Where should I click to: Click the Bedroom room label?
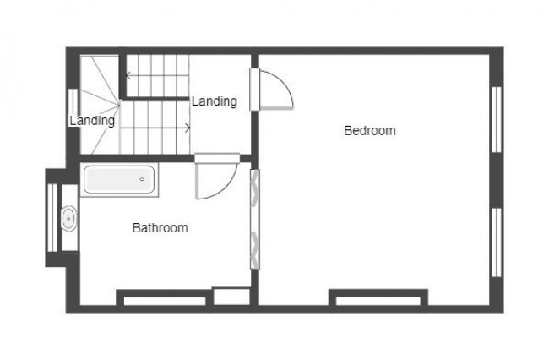click(x=370, y=130)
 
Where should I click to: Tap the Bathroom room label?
click(x=160, y=227)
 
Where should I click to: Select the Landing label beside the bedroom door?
click(x=214, y=101)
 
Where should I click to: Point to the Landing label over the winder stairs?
click(x=91, y=121)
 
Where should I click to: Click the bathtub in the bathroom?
click(x=119, y=181)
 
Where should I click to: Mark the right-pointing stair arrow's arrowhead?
click(x=187, y=128)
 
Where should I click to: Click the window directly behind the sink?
click(x=52, y=218)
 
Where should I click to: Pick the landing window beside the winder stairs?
click(x=72, y=110)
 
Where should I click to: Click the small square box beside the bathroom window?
click(x=231, y=296)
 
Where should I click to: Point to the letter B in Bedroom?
click(x=347, y=130)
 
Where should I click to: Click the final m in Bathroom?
click(x=183, y=227)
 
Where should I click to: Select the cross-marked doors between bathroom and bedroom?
click(x=253, y=218)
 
